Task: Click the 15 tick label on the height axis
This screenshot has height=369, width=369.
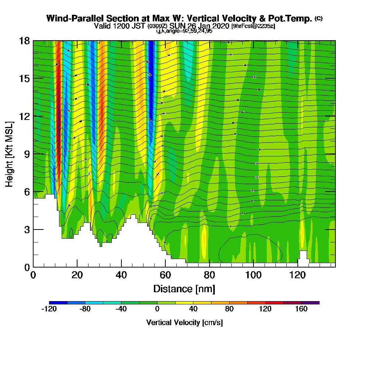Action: click(24, 79)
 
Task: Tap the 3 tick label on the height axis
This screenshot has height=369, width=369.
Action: click(27, 230)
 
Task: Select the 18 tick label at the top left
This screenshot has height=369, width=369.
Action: click(24, 41)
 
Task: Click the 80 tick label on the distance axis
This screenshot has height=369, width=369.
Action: click(210, 275)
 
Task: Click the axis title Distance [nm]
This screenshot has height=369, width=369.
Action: click(184, 288)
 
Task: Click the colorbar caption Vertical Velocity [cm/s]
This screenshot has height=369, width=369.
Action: click(184, 323)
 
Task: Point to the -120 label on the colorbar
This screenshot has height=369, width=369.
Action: click(49, 309)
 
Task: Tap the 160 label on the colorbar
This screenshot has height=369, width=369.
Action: click(301, 309)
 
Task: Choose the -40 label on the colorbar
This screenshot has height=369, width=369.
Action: click(121, 309)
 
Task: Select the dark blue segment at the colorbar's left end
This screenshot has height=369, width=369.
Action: click(58, 303)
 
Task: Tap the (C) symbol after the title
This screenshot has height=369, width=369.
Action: click(318, 18)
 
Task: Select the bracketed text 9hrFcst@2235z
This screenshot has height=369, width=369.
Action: click(253, 26)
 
